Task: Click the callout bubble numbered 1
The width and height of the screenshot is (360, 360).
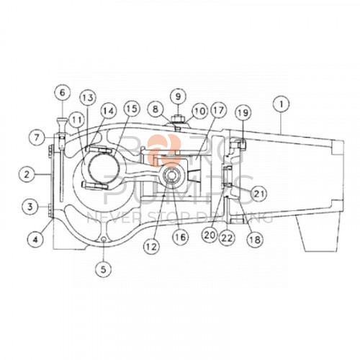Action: tap(279, 104)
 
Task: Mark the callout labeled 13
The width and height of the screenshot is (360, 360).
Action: tap(86, 96)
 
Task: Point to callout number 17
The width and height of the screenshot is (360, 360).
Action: tap(219, 112)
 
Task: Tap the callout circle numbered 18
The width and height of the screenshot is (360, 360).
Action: tap(253, 239)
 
